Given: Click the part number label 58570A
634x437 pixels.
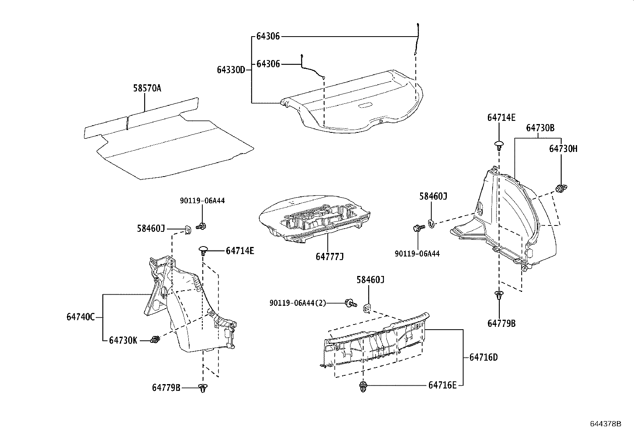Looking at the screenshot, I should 147,88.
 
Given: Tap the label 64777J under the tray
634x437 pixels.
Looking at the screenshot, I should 329,256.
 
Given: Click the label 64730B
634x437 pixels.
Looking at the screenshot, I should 540,128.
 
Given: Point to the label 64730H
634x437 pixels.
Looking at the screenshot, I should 563,148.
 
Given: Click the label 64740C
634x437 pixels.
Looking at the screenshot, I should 80,317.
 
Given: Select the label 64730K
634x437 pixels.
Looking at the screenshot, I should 123,340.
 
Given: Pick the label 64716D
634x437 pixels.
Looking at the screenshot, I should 483,357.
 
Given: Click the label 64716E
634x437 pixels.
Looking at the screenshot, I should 442,385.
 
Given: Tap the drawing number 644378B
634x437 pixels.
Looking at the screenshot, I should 605,423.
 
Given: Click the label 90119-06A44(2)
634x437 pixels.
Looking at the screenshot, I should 297,303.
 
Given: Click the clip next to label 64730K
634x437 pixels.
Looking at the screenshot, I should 155,340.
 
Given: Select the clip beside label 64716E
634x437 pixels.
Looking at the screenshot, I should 363,387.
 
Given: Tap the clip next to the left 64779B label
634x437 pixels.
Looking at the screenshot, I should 203,388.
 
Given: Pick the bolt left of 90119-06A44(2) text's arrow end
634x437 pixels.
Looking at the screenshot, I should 350,303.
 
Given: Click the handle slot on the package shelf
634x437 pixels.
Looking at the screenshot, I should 365,105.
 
